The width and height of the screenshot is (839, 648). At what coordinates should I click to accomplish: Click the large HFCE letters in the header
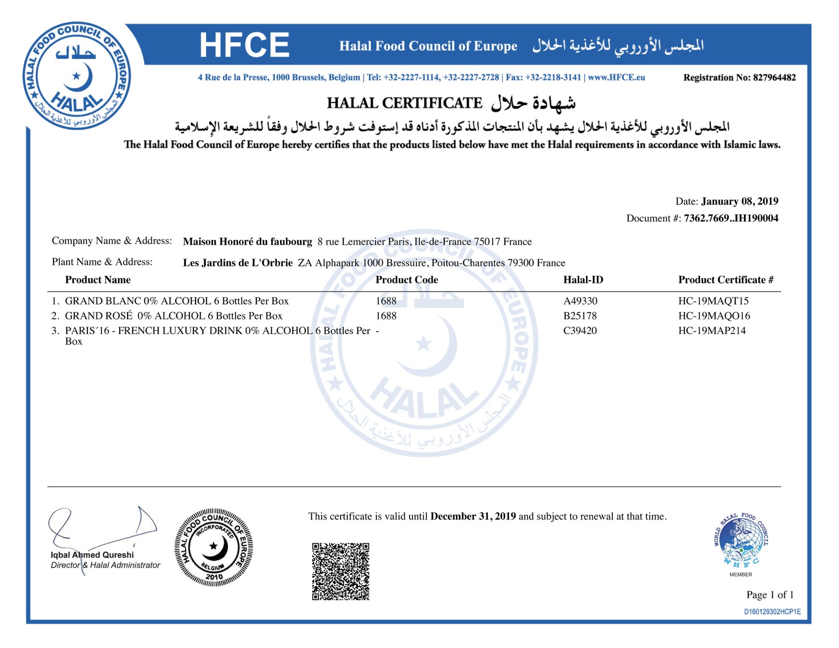click(x=244, y=45)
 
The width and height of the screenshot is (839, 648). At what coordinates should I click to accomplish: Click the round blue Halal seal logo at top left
click(x=77, y=76)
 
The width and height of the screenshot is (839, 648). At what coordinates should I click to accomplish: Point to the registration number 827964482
click(x=774, y=78)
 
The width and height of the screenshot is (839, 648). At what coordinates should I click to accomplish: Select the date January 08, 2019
click(x=740, y=201)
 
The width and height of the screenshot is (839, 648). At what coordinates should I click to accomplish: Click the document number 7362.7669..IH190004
click(x=731, y=218)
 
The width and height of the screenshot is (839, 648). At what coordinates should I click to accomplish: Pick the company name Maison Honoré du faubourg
click(x=247, y=241)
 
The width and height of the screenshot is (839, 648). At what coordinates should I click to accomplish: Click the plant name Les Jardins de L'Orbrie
click(x=238, y=263)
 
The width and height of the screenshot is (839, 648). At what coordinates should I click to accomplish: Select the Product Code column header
click(x=407, y=280)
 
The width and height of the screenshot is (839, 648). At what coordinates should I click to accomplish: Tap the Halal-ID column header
click(x=583, y=280)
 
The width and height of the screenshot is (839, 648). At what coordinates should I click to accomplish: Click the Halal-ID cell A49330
click(x=580, y=301)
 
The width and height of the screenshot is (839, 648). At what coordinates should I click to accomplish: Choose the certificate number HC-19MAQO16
click(x=714, y=316)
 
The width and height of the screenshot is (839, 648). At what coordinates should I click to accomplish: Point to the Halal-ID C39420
click(x=580, y=331)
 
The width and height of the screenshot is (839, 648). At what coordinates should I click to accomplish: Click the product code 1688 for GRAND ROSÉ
click(x=386, y=316)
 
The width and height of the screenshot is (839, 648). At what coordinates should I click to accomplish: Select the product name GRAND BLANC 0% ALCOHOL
click(x=138, y=301)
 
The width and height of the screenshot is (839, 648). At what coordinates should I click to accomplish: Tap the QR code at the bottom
click(x=340, y=571)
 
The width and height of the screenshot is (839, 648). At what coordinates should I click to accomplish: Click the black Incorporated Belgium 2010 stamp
click(x=214, y=547)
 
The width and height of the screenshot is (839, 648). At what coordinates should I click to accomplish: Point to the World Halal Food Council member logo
click(x=741, y=540)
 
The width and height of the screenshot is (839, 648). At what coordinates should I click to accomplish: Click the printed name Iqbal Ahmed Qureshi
click(x=92, y=555)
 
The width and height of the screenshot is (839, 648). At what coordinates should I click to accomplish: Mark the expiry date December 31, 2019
click(x=473, y=516)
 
